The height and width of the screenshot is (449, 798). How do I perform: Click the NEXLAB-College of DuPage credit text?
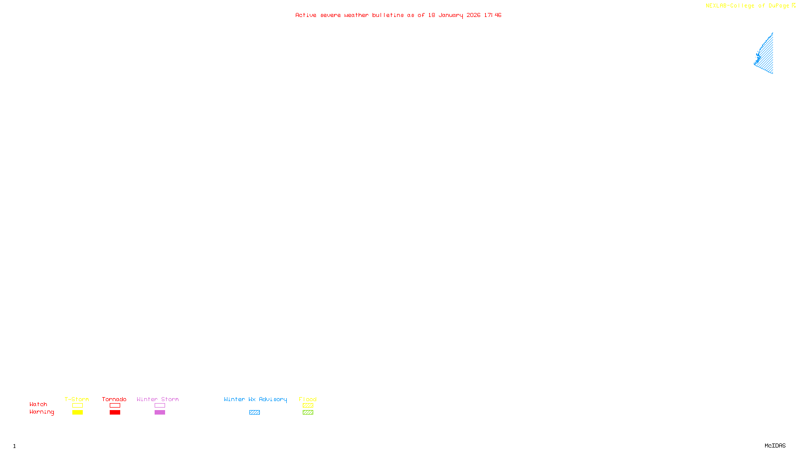coord(747,6)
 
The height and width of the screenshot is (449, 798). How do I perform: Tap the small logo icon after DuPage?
coord(794,5)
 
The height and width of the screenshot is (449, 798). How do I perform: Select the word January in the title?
coord(450,15)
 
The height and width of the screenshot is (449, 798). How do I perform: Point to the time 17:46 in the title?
coord(492,15)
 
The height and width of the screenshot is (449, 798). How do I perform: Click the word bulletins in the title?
coord(388,15)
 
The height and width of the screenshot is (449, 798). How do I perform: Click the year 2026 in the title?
coord(473,15)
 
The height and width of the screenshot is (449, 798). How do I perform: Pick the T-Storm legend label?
coord(77,399)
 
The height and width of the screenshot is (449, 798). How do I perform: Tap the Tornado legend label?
coord(114,399)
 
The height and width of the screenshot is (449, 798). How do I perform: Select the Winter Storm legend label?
coord(158,399)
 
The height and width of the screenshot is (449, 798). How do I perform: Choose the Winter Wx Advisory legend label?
coord(255,399)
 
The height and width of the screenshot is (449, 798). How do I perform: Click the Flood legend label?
coord(308,399)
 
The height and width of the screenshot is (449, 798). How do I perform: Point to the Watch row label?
coord(38,404)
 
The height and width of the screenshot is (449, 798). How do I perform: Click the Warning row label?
coord(41,412)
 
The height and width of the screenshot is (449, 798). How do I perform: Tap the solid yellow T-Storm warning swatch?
coord(77,413)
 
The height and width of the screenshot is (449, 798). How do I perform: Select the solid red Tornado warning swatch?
coord(115,413)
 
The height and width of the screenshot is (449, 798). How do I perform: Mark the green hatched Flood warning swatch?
coord(308,413)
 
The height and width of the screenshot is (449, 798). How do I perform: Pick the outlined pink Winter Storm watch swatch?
coord(160,406)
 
